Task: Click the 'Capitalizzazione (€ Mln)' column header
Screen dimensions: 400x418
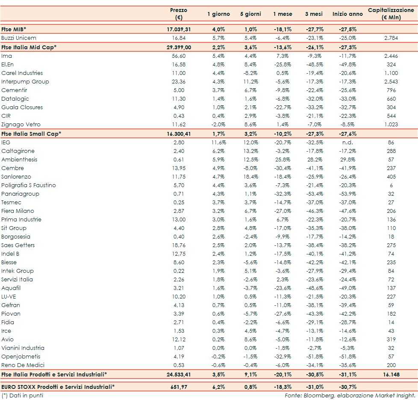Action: pyautogui.click(x=390, y=14)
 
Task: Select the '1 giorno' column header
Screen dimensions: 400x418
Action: pyautogui.click(x=218, y=14)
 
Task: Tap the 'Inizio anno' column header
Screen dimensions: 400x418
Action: pyautogui.click(x=347, y=14)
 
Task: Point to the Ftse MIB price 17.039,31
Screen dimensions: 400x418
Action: pyautogui.click(x=178, y=29)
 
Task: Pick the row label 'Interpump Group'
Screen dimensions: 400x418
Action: pyautogui.click(x=25, y=81)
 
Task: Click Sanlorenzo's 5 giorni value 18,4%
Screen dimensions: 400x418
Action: pyautogui.click(x=250, y=176)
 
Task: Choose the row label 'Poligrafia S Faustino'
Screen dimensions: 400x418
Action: pyautogui.click(x=29, y=185)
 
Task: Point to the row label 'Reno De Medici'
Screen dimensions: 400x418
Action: pyautogui.click(x=20, y=365)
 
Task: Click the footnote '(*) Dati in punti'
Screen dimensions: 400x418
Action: pyautogui.click(x=22, y=395)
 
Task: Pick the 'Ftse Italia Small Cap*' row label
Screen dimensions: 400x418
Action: pyautogui.click(x=31, y=134)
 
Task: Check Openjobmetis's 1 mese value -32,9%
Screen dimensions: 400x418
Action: pyautogui.click(x=283, y=356)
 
